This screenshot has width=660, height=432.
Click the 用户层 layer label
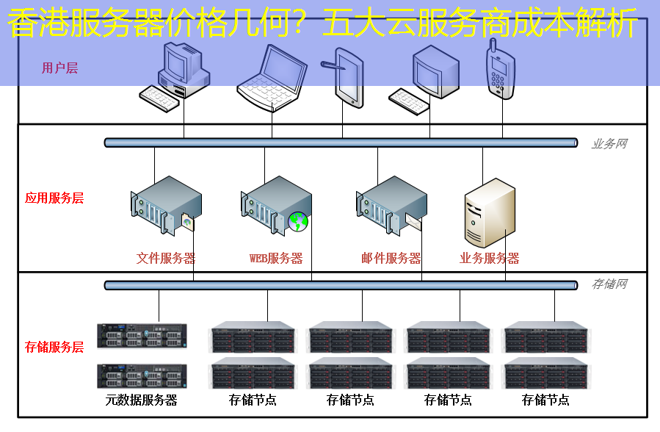click(59, 68)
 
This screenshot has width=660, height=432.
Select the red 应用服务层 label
click(54, 198)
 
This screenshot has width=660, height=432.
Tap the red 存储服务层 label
click(54, 347)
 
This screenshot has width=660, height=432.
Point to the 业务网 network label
click(609, 144)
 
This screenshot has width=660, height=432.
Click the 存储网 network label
click(609, 284)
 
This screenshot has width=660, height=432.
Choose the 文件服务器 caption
click(166, 259)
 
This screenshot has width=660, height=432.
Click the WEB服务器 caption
click(276, 259)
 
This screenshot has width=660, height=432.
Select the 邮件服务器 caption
click(391, 259)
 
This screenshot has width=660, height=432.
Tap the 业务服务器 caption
click(490, 259)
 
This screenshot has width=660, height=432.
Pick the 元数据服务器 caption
click(142, 400)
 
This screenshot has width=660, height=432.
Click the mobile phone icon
click(501, 69)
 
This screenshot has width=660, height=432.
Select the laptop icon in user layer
click(272, 77)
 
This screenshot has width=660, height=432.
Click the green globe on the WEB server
click(298, 220)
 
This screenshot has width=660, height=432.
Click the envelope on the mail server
click(413, 221)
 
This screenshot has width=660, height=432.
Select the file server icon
click(166, 205)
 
